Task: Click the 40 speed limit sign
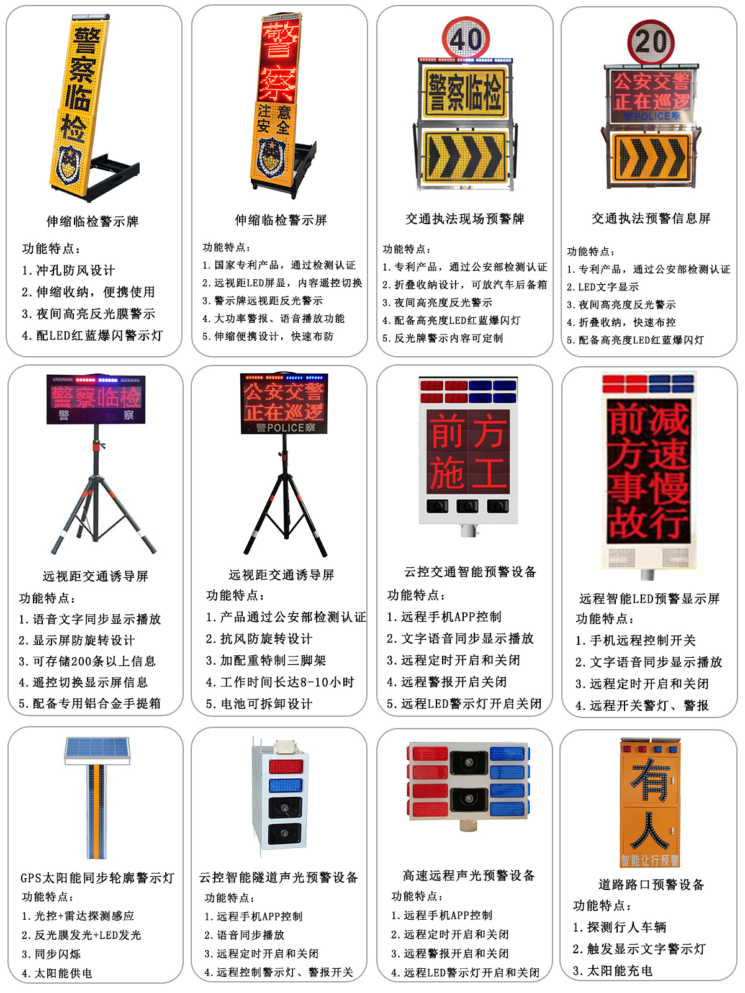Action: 466,38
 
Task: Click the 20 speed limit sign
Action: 651,43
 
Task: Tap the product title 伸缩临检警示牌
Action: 93,221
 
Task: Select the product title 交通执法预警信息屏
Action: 651,218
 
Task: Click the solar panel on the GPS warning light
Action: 97,750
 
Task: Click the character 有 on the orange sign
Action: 651,779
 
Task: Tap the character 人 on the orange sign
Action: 651,830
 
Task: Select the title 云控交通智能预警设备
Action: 470,572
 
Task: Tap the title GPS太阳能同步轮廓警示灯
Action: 97,878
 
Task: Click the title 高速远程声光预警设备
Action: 469,875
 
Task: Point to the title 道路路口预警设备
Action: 651,884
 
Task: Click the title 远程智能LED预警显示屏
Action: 649,598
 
